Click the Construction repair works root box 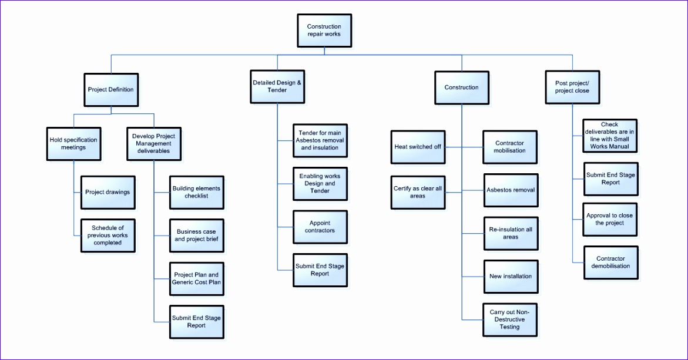324,31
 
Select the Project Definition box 110,90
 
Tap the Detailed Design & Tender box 277,86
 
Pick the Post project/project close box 572,87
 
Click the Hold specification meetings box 73,144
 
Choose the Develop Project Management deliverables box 153,144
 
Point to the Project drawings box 108,192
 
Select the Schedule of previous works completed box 108,235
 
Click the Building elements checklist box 196,192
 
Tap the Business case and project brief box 196,235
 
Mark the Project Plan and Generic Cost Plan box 196,278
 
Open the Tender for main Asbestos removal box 320,140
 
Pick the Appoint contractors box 320,227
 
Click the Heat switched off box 418,147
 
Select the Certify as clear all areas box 418,192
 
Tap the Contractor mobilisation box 510,147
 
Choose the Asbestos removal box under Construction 510,190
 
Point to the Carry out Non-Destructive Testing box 509,319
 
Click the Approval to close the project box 610,219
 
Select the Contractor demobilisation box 610,263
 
